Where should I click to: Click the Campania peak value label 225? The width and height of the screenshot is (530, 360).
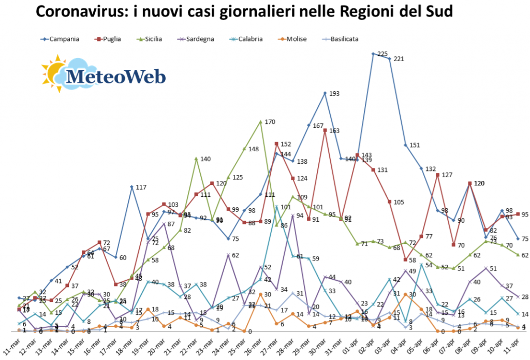(x=383, y=54)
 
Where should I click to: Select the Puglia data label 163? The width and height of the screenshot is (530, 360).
(x=334, y=131)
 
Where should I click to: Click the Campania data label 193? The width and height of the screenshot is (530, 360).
(x=334, y=94)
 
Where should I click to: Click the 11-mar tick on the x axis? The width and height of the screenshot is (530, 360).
(x=13, y=343)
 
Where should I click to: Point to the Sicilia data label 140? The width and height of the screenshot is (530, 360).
(x=205, y=159)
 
